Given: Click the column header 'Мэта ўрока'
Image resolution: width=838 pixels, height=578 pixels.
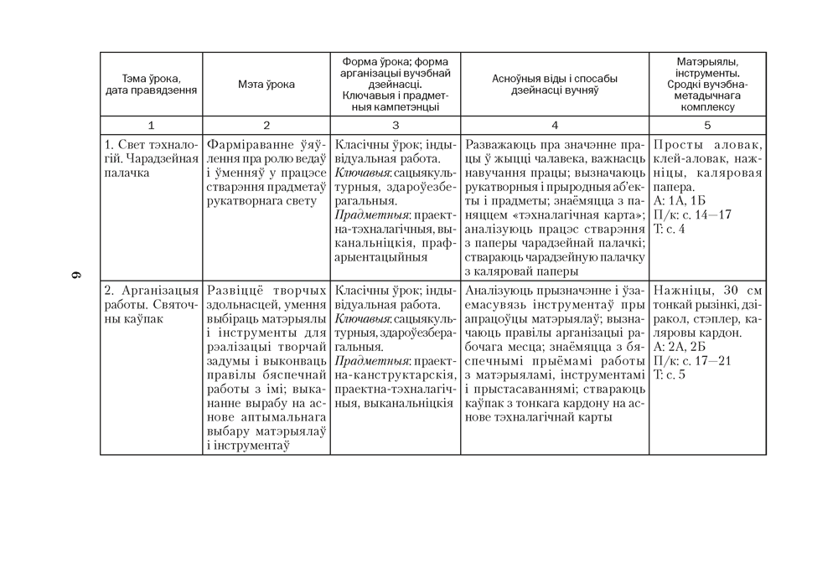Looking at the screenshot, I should (266, 85).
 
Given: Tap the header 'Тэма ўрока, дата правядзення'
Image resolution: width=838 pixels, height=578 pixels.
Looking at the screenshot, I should (152, 85).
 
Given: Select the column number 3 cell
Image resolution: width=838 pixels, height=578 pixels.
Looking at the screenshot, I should (395, 126).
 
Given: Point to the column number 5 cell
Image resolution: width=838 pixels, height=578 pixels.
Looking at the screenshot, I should (707, 126).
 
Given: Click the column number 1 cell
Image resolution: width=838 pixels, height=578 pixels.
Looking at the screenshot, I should (152, 126).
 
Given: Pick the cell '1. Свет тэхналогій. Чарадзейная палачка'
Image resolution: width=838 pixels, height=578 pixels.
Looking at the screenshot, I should (152, 158).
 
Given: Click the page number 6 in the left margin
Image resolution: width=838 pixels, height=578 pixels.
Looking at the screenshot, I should (75, 276).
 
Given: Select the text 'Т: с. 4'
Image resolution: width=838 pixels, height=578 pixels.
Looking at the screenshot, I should (669, 229).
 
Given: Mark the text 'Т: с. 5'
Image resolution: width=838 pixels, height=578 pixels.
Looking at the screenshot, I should (669, 375).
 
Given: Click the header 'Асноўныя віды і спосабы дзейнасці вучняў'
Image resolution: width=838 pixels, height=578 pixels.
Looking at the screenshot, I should (554, 85).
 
